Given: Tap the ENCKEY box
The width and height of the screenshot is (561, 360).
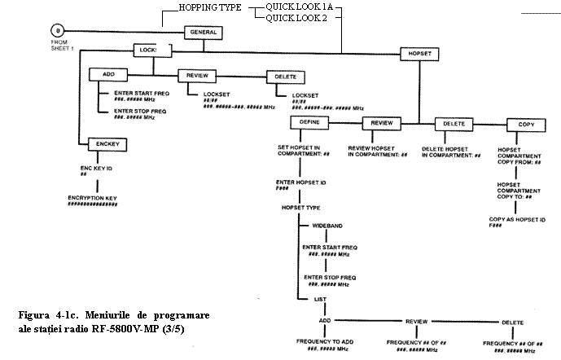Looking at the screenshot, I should click(107, 143).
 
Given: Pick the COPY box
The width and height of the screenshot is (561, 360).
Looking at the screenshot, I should click(524, 124).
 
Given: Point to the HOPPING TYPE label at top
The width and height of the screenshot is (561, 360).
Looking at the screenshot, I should click(209, 7).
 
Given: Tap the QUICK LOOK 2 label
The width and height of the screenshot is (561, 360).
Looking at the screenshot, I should click(291, 18).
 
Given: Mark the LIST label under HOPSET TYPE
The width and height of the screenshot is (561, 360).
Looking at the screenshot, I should click(321, 300).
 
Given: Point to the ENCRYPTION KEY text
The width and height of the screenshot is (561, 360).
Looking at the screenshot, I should click(93, 199).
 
